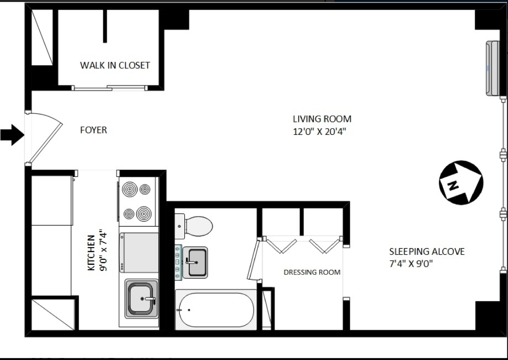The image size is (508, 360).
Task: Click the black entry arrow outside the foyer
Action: tap(12, 135)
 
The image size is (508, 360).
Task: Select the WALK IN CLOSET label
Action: tap(115, 65)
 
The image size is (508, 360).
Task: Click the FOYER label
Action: tap(94, 130)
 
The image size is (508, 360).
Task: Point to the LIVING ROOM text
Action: tap(322, 119)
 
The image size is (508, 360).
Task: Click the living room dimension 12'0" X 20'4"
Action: tap(320, 132)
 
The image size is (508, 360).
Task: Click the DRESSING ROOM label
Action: tap(312, 272)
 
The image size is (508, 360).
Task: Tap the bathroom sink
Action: tap(194, 261)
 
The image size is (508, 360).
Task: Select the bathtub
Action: tap(216, 309)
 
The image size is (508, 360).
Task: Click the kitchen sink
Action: tap(141, 298)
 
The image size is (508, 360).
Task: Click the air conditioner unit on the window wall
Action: tap(492, 69)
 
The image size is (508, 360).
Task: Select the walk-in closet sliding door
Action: tap(110, 88)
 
